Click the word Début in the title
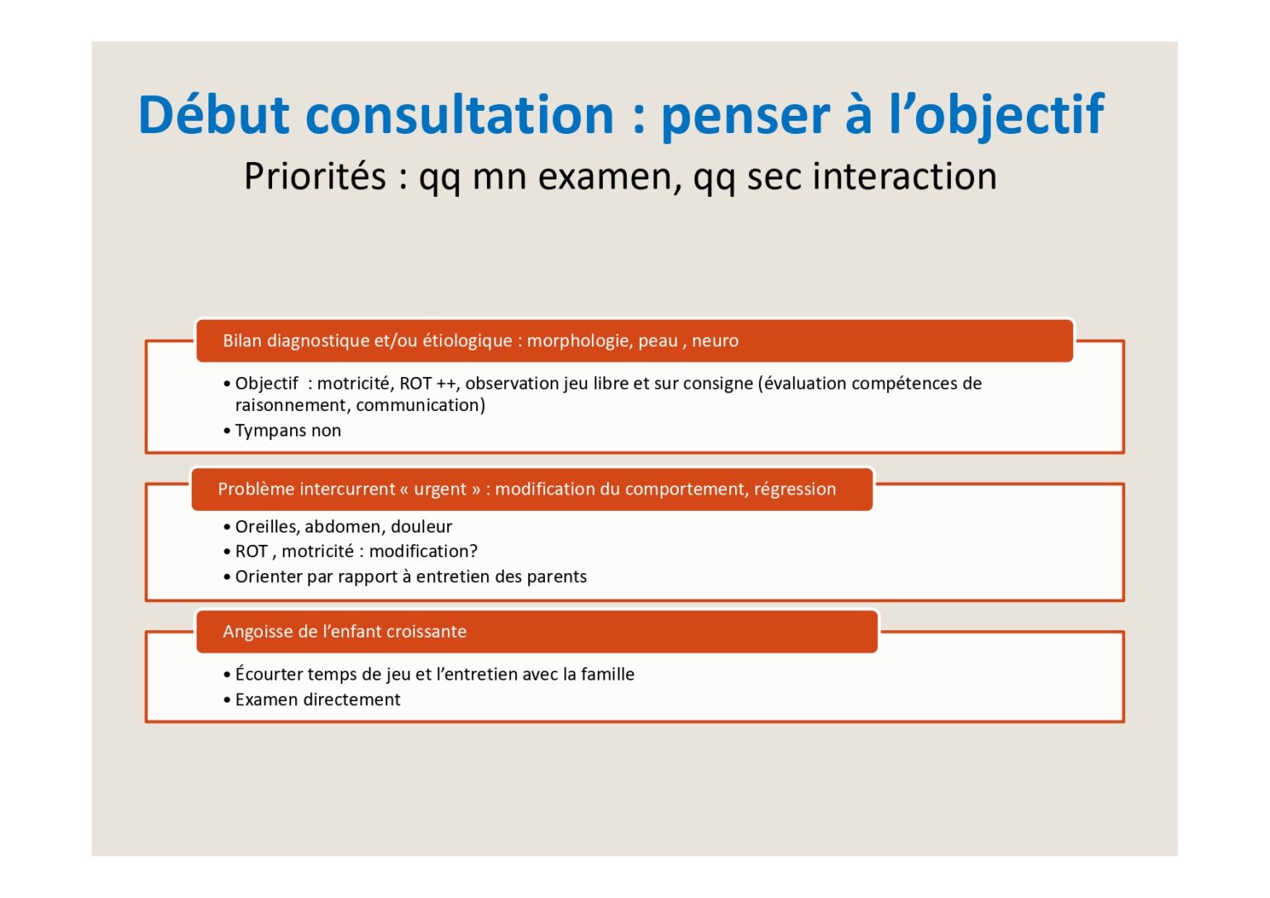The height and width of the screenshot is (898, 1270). pos(214,114)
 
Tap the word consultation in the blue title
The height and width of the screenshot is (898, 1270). pos(460,114)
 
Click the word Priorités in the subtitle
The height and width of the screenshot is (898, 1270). pos(315,176)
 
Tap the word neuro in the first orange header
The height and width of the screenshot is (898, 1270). pos(715,341)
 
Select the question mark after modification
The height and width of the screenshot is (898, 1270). pos(474,551)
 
